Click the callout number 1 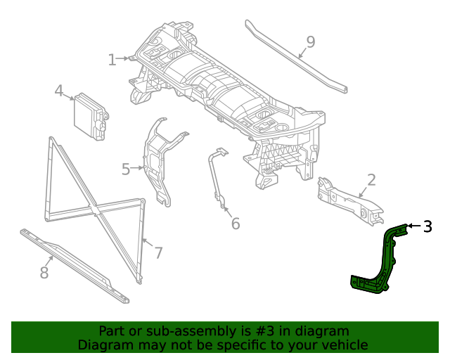click(x=112, y=60)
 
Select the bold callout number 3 click(x=427, y=226)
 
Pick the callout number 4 click(x=59, y=91)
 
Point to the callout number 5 click(x=126, y=169)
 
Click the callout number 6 click(x=236, y=224)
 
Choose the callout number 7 click(x=158, y=253)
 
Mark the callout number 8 click(x=44, y=273)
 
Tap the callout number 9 click(x=310, y=42)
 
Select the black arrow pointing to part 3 click(x=413, y=226)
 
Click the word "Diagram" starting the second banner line click(x=103, y=345)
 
